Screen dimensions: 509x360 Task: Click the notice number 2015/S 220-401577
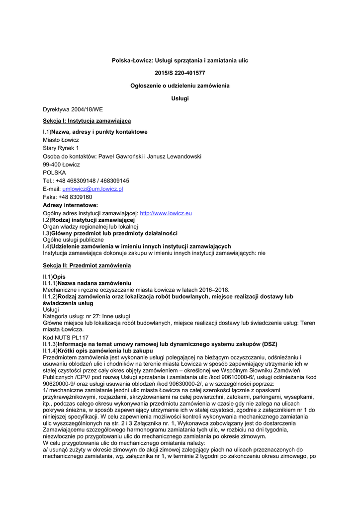coord(180,73)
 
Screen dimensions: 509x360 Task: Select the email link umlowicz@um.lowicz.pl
coord(92,189)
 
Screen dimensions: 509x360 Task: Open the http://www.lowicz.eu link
coord(166,213)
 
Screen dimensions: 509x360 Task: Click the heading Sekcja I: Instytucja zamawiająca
coord(87,120)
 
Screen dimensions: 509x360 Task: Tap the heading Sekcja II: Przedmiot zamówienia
coord(87,265)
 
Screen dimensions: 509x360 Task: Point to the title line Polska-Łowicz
coord(180,60)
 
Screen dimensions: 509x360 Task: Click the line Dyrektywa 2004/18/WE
coord(73,109)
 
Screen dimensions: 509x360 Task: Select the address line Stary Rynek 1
coord(61,148)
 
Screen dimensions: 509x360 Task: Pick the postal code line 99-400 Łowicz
coord(61,165)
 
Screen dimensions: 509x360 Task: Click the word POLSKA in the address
coord(54,172)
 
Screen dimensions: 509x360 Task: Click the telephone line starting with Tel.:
coord(86,180)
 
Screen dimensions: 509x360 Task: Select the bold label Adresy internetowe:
coord(70,205)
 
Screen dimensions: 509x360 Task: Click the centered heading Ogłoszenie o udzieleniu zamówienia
coord(180,86)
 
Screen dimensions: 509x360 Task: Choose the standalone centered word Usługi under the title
coord(180,98)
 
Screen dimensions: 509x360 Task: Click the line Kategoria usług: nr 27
coord(87,316)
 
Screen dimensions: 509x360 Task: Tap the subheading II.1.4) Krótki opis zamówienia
coord(98,350)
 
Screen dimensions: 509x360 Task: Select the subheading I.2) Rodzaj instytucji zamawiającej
coord(89,220)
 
